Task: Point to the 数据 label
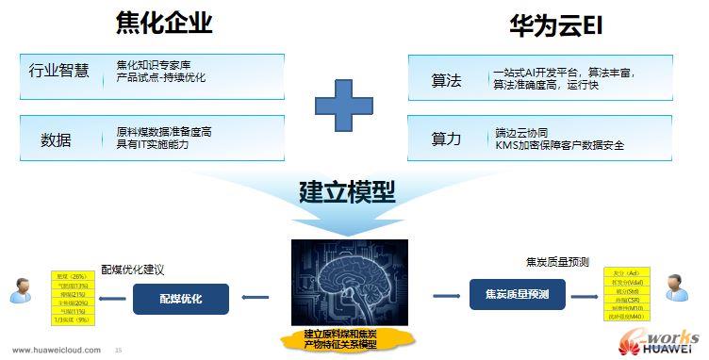click(56, 139)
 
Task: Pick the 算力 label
click(445, 139)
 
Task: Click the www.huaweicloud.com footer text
click(58, 350)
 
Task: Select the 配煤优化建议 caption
click(132, 267)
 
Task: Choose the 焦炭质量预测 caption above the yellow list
click(554, 260)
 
